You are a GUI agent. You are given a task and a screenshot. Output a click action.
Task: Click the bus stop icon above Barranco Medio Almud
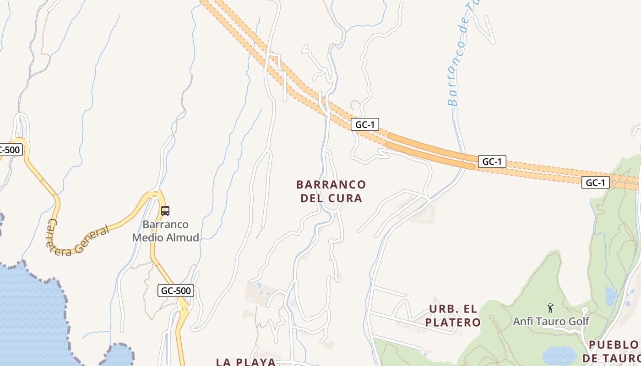[165, 211]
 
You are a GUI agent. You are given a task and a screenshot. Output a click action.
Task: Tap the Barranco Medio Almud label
[166, 231]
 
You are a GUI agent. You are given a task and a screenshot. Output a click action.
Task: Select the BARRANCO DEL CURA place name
[331, 191]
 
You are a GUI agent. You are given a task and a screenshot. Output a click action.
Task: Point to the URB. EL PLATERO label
[453, 316]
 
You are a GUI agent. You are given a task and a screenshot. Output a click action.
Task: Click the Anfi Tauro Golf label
[551, 321]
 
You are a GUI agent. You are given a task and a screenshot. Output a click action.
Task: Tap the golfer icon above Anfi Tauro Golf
[550, 308]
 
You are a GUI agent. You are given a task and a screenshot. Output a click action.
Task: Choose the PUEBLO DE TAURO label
[614, 351]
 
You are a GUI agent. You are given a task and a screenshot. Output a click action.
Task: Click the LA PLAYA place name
[246, 362]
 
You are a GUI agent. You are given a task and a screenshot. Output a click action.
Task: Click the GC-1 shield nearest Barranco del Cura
[365, 124]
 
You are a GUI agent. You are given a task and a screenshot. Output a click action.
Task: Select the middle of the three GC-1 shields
[492, 161]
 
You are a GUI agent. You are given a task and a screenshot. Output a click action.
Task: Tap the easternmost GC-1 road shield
[595, 183]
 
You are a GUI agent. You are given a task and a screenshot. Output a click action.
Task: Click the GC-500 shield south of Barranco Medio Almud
[176, 290]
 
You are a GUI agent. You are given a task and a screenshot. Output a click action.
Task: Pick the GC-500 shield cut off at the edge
[10, 150]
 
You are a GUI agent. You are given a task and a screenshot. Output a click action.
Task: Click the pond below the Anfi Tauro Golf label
[559, 355]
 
